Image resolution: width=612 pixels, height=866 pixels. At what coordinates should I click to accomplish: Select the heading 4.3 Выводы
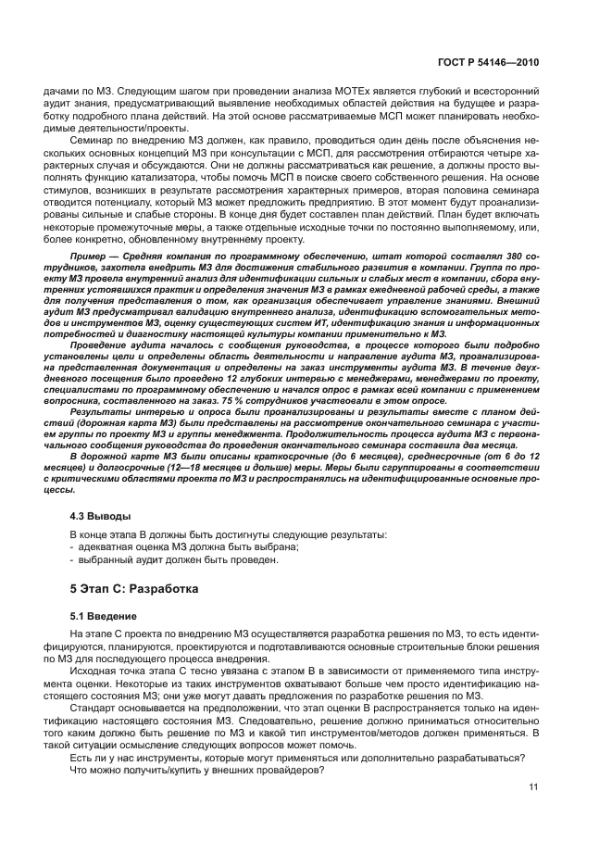click(x=101, y=515)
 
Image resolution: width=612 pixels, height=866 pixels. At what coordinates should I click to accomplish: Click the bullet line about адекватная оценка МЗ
click(x=184, y=547)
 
